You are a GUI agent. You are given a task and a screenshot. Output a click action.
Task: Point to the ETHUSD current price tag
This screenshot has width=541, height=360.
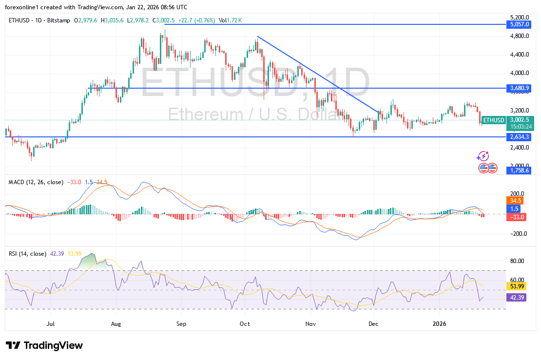(493, 120)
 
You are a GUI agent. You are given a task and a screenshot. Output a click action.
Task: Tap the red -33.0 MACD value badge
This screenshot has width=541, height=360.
(516, 217)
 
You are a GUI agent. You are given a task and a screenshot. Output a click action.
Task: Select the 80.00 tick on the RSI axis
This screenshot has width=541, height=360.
(517, 261)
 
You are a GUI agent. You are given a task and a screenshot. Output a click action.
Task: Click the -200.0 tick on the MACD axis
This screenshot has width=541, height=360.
(517, 234)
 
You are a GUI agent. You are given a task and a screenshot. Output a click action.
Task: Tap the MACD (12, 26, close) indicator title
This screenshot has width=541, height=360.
(36, 182)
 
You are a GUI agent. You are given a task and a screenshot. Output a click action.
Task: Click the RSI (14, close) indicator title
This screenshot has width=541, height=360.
(27, 254)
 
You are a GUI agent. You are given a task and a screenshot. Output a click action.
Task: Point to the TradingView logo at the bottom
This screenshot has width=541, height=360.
(44, 345)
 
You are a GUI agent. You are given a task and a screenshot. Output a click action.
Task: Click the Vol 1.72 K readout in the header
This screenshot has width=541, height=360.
(230, 20)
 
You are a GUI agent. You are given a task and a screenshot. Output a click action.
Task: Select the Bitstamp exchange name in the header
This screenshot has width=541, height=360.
(59, 20)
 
